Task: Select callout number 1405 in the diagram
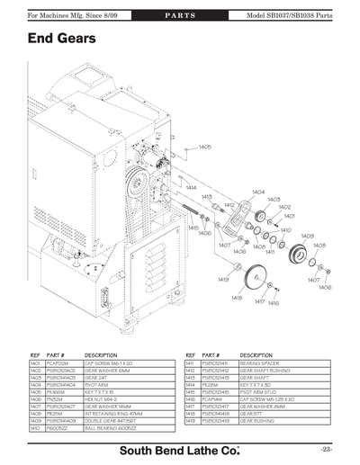click(x=205, y=146)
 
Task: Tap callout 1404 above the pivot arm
click(x=258, y=192)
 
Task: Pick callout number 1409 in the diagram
click(x=306, y=235)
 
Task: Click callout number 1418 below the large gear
click(x=237, y=298)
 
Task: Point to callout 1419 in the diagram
click(x=222, y=279)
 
